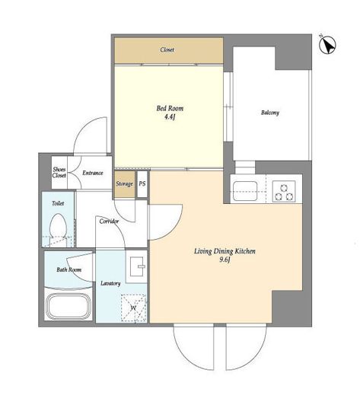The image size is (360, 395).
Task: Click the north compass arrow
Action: point(327,45)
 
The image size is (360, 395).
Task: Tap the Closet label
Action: point(167,49)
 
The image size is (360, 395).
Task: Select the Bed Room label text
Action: point(170,109)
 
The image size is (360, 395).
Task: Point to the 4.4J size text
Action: point(170,117)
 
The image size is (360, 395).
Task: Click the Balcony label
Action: point(270,113)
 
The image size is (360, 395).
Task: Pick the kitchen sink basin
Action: point(245,190)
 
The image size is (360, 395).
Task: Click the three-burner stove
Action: point(284,192)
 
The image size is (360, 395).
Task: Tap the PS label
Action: point(142,183)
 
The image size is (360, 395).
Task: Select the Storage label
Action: point(124,183)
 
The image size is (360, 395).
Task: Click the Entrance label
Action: point(93,173)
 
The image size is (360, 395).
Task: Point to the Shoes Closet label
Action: point(59,172)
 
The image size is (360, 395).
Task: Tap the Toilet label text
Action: point(58,203)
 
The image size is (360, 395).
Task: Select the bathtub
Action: point(69,306)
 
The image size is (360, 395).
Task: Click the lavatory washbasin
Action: point(137,266)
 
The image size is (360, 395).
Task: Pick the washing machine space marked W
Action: point(133,308)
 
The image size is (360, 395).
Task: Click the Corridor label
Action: point(109,221)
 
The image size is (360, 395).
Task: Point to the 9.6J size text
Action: point(225,260)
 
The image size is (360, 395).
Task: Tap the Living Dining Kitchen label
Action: point(225,251)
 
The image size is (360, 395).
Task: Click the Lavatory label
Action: point(110,283)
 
